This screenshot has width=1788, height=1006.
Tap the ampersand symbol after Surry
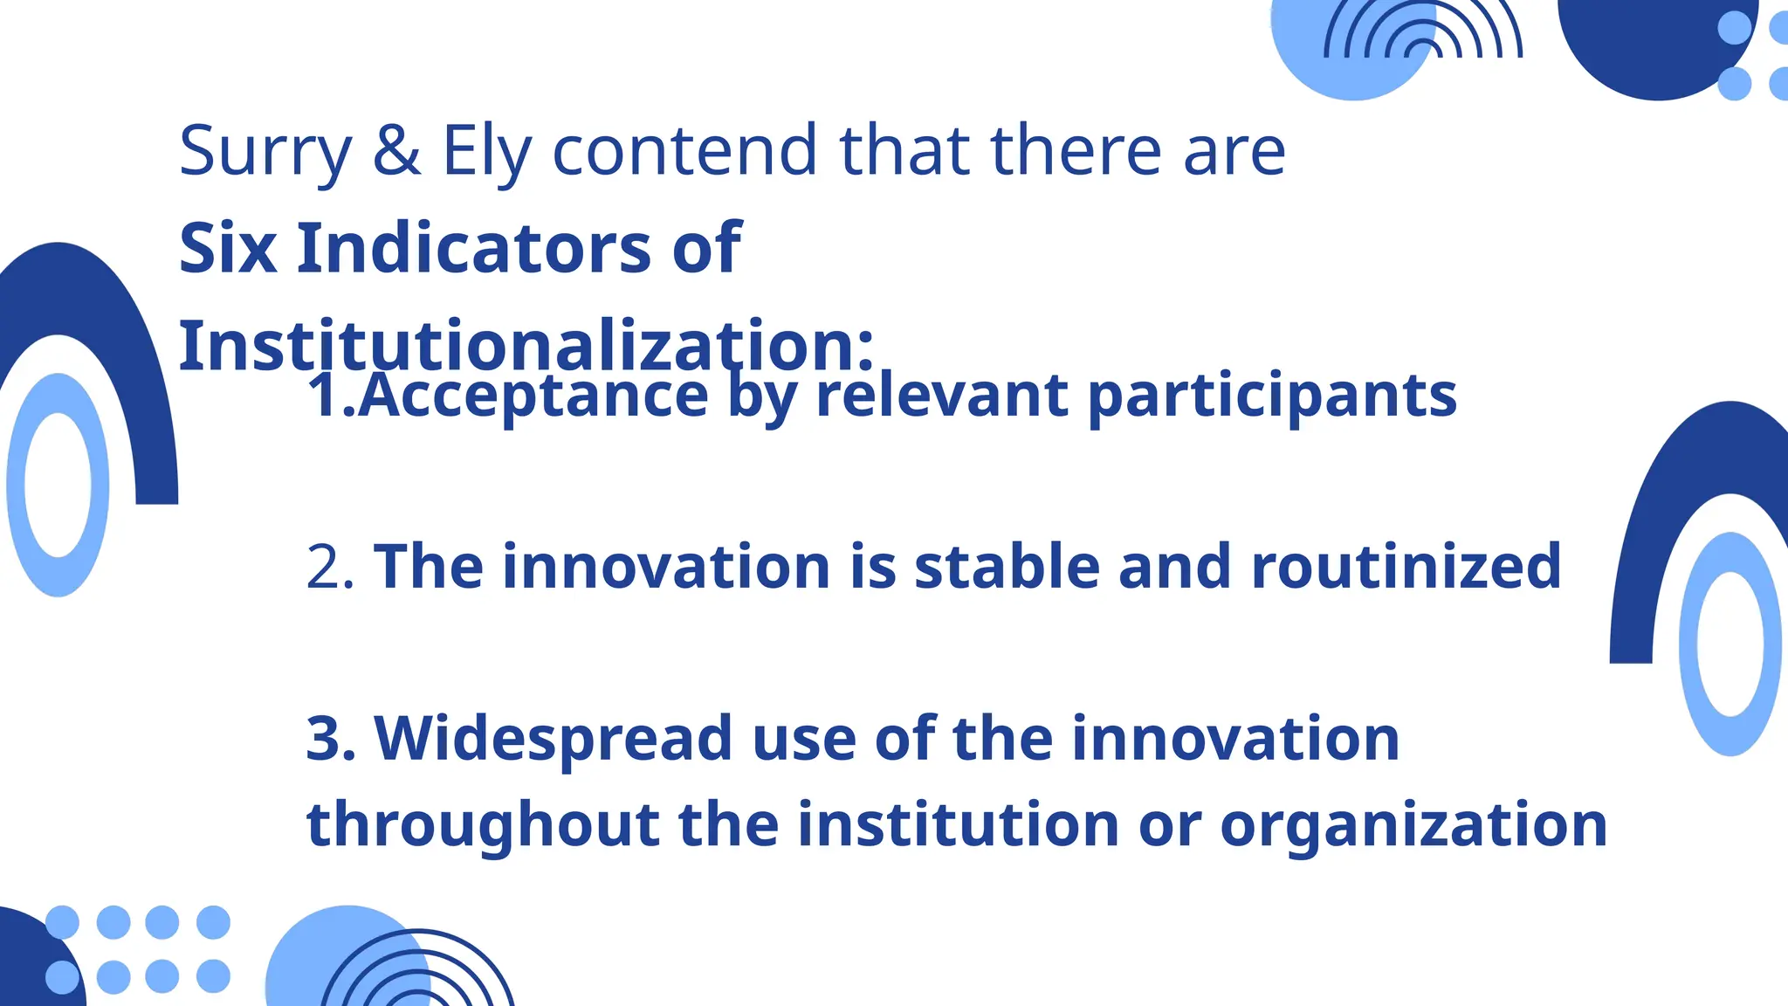tap(396, 150)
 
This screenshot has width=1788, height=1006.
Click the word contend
tap(684, 150)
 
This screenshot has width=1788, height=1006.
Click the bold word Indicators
tap(474, 248)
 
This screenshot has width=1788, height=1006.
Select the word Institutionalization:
tap(526, 345)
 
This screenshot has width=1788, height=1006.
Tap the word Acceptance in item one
tap(533, 396)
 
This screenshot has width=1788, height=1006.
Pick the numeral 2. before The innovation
tap(330, 568)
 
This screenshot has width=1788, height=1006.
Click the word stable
tap(1006, 567)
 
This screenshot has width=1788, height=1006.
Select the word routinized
tap(1406, 567)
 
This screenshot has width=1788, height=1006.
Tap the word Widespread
tap(553, 739)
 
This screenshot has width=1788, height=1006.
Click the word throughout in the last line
tap(483, 825)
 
